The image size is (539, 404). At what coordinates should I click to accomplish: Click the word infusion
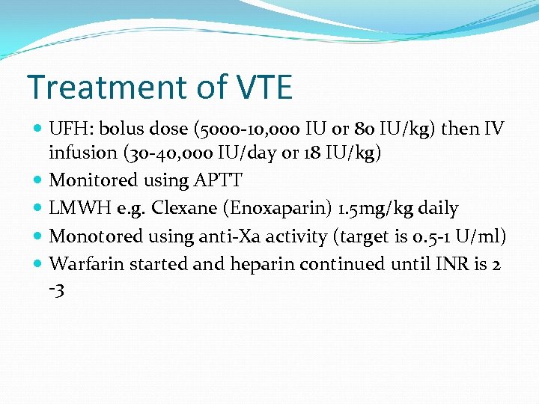click(79, 153)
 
